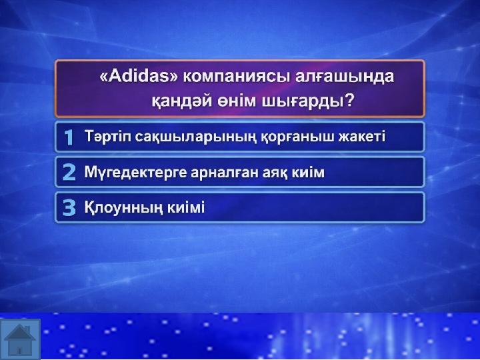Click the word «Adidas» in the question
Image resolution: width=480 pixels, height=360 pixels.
(139, 76)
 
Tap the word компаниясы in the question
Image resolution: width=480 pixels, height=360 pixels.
(236, 77)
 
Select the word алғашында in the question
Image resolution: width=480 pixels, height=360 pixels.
(345, 77)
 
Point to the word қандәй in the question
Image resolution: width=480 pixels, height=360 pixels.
(181, 101)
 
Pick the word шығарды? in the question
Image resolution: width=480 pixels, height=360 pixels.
(307, 101)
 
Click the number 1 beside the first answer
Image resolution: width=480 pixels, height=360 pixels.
(69, 137)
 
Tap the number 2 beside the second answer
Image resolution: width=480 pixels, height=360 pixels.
(69, 172)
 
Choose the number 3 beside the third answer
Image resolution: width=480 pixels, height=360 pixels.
(69, 207)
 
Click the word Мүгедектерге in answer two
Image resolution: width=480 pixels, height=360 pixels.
(135, 173)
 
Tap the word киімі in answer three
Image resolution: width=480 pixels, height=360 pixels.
(186, 207)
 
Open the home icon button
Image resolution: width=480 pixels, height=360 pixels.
(20, 339)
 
